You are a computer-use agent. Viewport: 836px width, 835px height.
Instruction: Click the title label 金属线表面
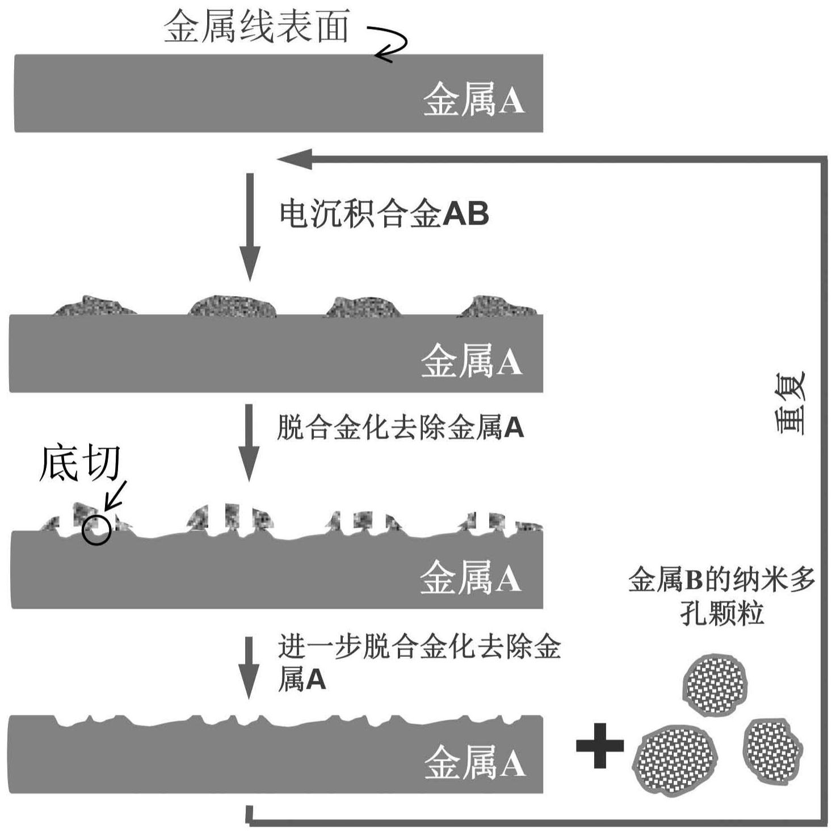257,27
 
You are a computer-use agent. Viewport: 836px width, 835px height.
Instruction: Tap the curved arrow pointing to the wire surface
389,43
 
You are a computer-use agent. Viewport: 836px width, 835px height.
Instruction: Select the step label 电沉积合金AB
384,214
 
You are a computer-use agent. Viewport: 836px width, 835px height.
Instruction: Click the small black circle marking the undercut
96,530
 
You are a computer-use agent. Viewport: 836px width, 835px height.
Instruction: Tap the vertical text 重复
790,403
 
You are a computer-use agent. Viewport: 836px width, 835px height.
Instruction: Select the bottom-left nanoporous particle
674,760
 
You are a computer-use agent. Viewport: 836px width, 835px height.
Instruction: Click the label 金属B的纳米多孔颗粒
721,596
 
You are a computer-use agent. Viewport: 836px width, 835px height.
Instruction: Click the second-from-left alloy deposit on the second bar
233,306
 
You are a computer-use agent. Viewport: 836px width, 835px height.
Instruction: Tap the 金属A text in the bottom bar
474,763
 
